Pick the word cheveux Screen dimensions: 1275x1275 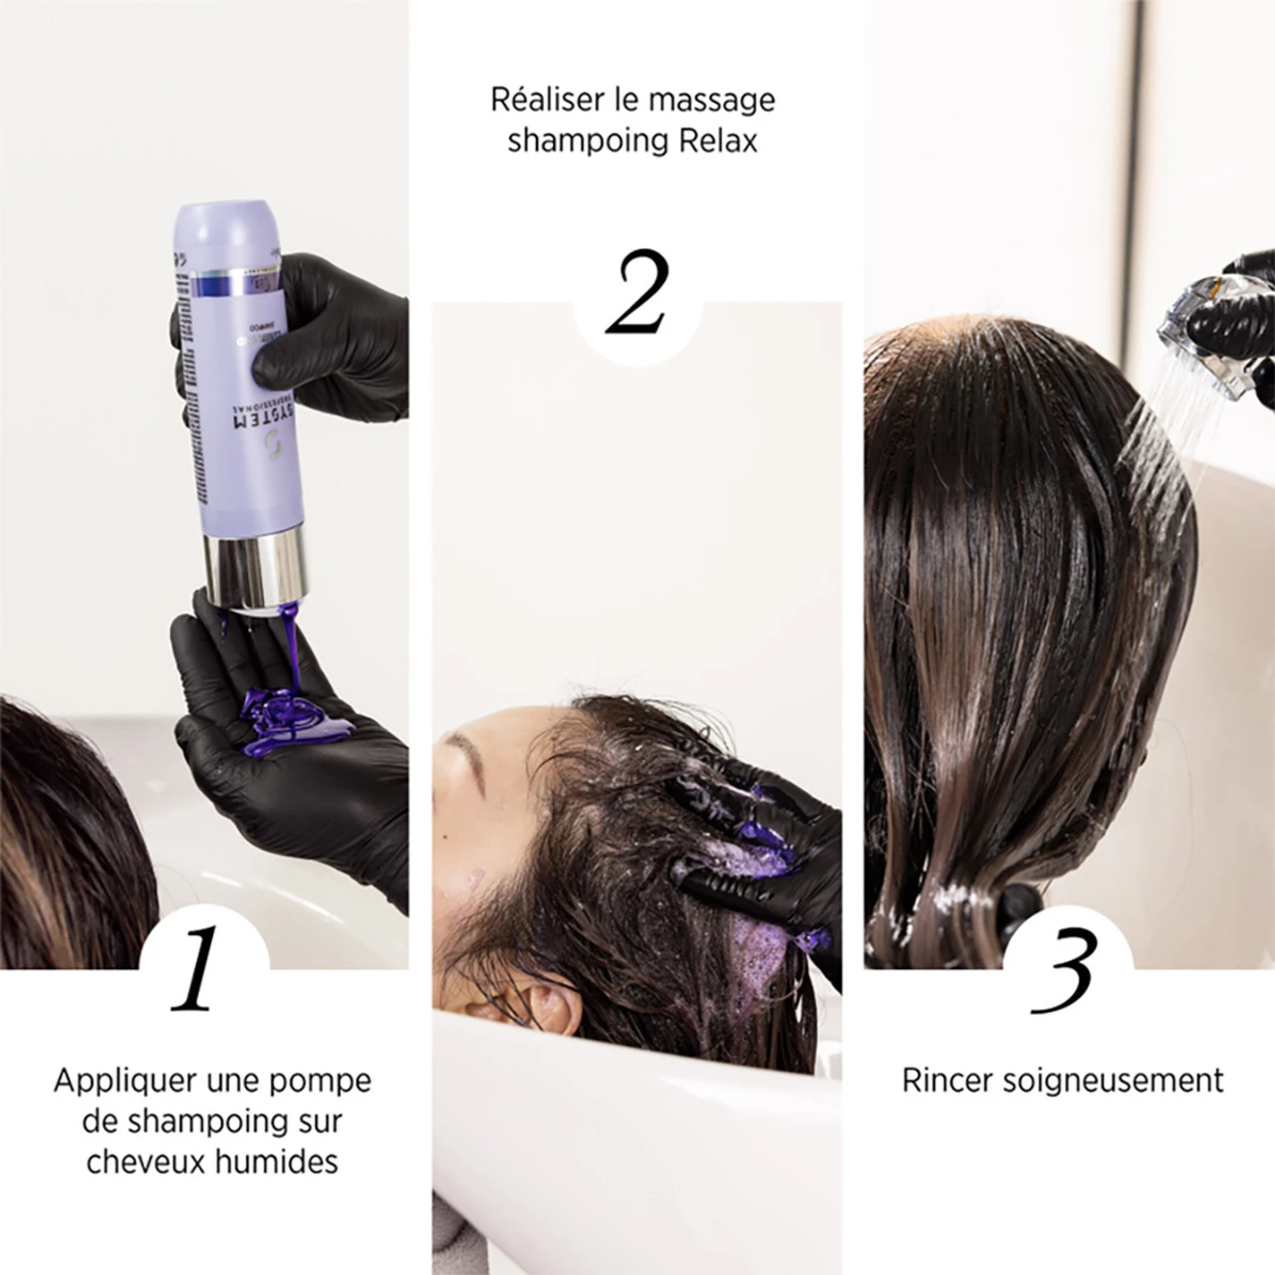point(141,1161)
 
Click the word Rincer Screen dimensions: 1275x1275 point(946,1081)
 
